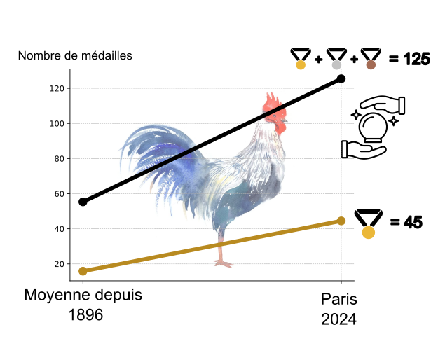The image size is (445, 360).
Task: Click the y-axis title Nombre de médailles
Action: click(75, 56)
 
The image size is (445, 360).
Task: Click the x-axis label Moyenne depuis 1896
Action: click(83, 305)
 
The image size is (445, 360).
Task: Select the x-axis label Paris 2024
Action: click(339, 309)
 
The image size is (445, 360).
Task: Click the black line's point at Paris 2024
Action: click(341, 78)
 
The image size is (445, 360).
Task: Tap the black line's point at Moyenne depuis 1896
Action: click(83, 202)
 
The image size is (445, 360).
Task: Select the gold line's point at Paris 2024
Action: click(341, 221)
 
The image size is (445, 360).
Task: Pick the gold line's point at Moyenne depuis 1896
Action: click(83, 271)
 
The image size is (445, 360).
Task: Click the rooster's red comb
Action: click(273, 106)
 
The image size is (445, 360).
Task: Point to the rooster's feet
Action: click(223, 263)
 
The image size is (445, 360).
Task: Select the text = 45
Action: click(406, 222)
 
